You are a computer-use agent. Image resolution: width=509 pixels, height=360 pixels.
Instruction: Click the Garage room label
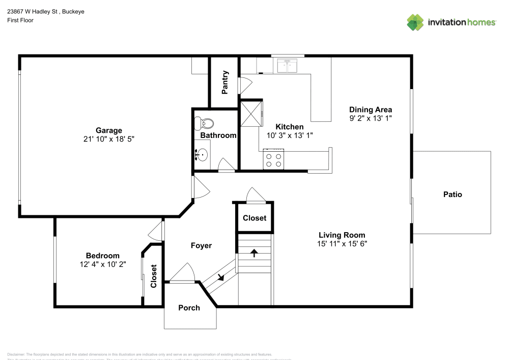pyautogui.click(x=109, y=130)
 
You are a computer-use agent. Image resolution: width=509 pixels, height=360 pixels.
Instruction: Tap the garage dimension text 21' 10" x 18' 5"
pyautogui.click(x=109, y=139)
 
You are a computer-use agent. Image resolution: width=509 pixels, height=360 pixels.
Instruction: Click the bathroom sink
pyautogui.click(x=202, y=154)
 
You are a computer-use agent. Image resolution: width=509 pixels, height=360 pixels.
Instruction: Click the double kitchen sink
pyautogui.click(x=287, y=66)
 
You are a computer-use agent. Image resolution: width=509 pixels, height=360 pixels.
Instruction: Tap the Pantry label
pyautogui.click(x=224, y=82)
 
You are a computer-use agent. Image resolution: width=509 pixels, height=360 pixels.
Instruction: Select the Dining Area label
pyautogui.click(x=370, y=109)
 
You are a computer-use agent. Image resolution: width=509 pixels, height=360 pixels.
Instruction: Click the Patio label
pyautogui.click(x=452, y=194)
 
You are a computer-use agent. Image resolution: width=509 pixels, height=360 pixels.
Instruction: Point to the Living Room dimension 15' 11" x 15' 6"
pyautogui.click(x=342, y=243)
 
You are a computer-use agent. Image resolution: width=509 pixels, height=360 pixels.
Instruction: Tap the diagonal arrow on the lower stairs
pyautogui.click(x=220, y=278)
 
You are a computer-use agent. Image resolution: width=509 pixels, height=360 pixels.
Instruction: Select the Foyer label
pyautogui.click(x=201, y=245)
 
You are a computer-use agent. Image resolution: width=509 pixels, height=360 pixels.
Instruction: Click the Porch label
pyautogui.click(x=189, y=308)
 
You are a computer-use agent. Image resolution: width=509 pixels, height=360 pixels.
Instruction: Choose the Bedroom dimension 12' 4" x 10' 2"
pyautogui.click(x=102, y=264)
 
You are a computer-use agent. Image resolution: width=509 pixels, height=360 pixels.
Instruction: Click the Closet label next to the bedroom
pyautogui.click(x=153, y=276)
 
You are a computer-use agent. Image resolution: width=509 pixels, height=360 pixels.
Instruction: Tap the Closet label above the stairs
pyautogui.click(x=254, y=218)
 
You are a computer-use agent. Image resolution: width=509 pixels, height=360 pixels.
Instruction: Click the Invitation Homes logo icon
pyautogui.click(x=415, y=22)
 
